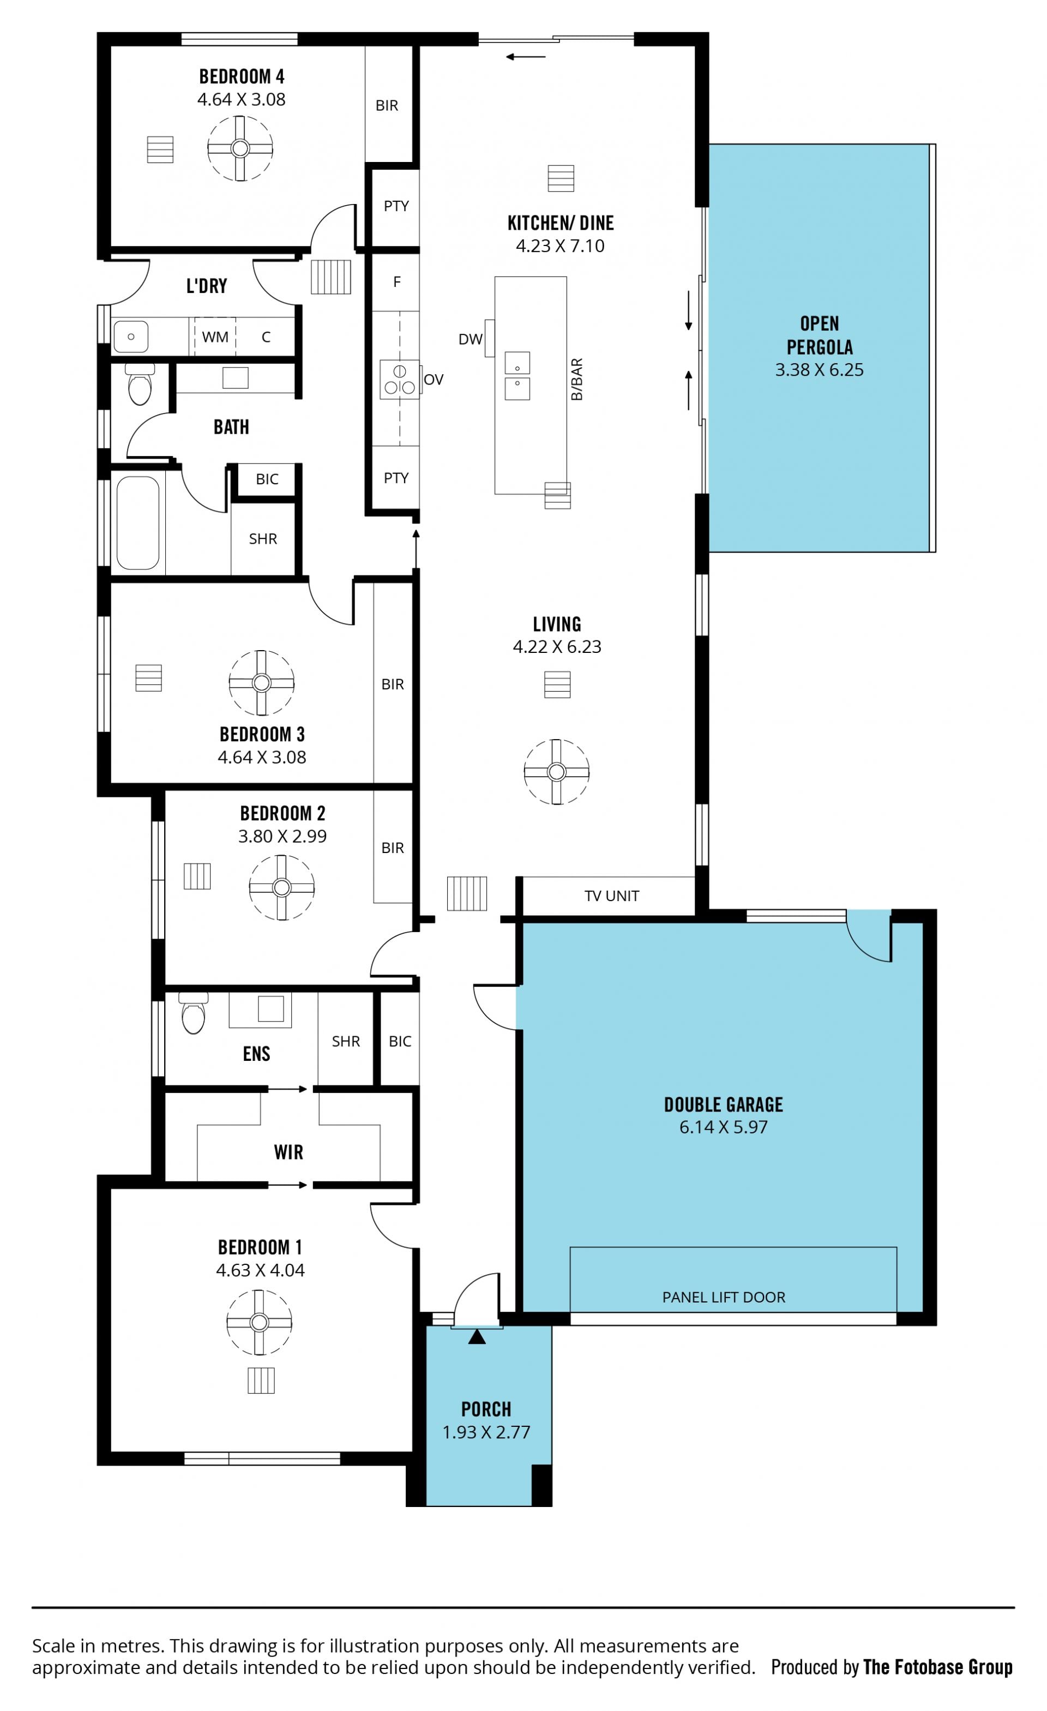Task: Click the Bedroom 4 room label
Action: point(242,76)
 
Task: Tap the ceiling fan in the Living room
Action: point(556,771)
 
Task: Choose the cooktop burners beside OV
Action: point(399,379)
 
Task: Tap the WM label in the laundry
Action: point(215,337)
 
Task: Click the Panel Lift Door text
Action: point(724,1297)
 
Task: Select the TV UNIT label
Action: point(612,896)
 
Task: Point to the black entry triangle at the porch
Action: point(477,1337)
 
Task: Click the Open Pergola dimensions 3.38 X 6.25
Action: point(819,369)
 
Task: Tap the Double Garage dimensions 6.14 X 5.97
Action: point(724,1126)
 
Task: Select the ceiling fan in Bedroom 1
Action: point(259,1322)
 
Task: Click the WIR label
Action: point(289,1152)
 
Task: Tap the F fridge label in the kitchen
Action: point(397,282)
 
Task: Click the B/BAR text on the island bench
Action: point(576,379)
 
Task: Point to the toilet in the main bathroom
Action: point(140,384)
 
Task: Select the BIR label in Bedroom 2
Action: point(392,848)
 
